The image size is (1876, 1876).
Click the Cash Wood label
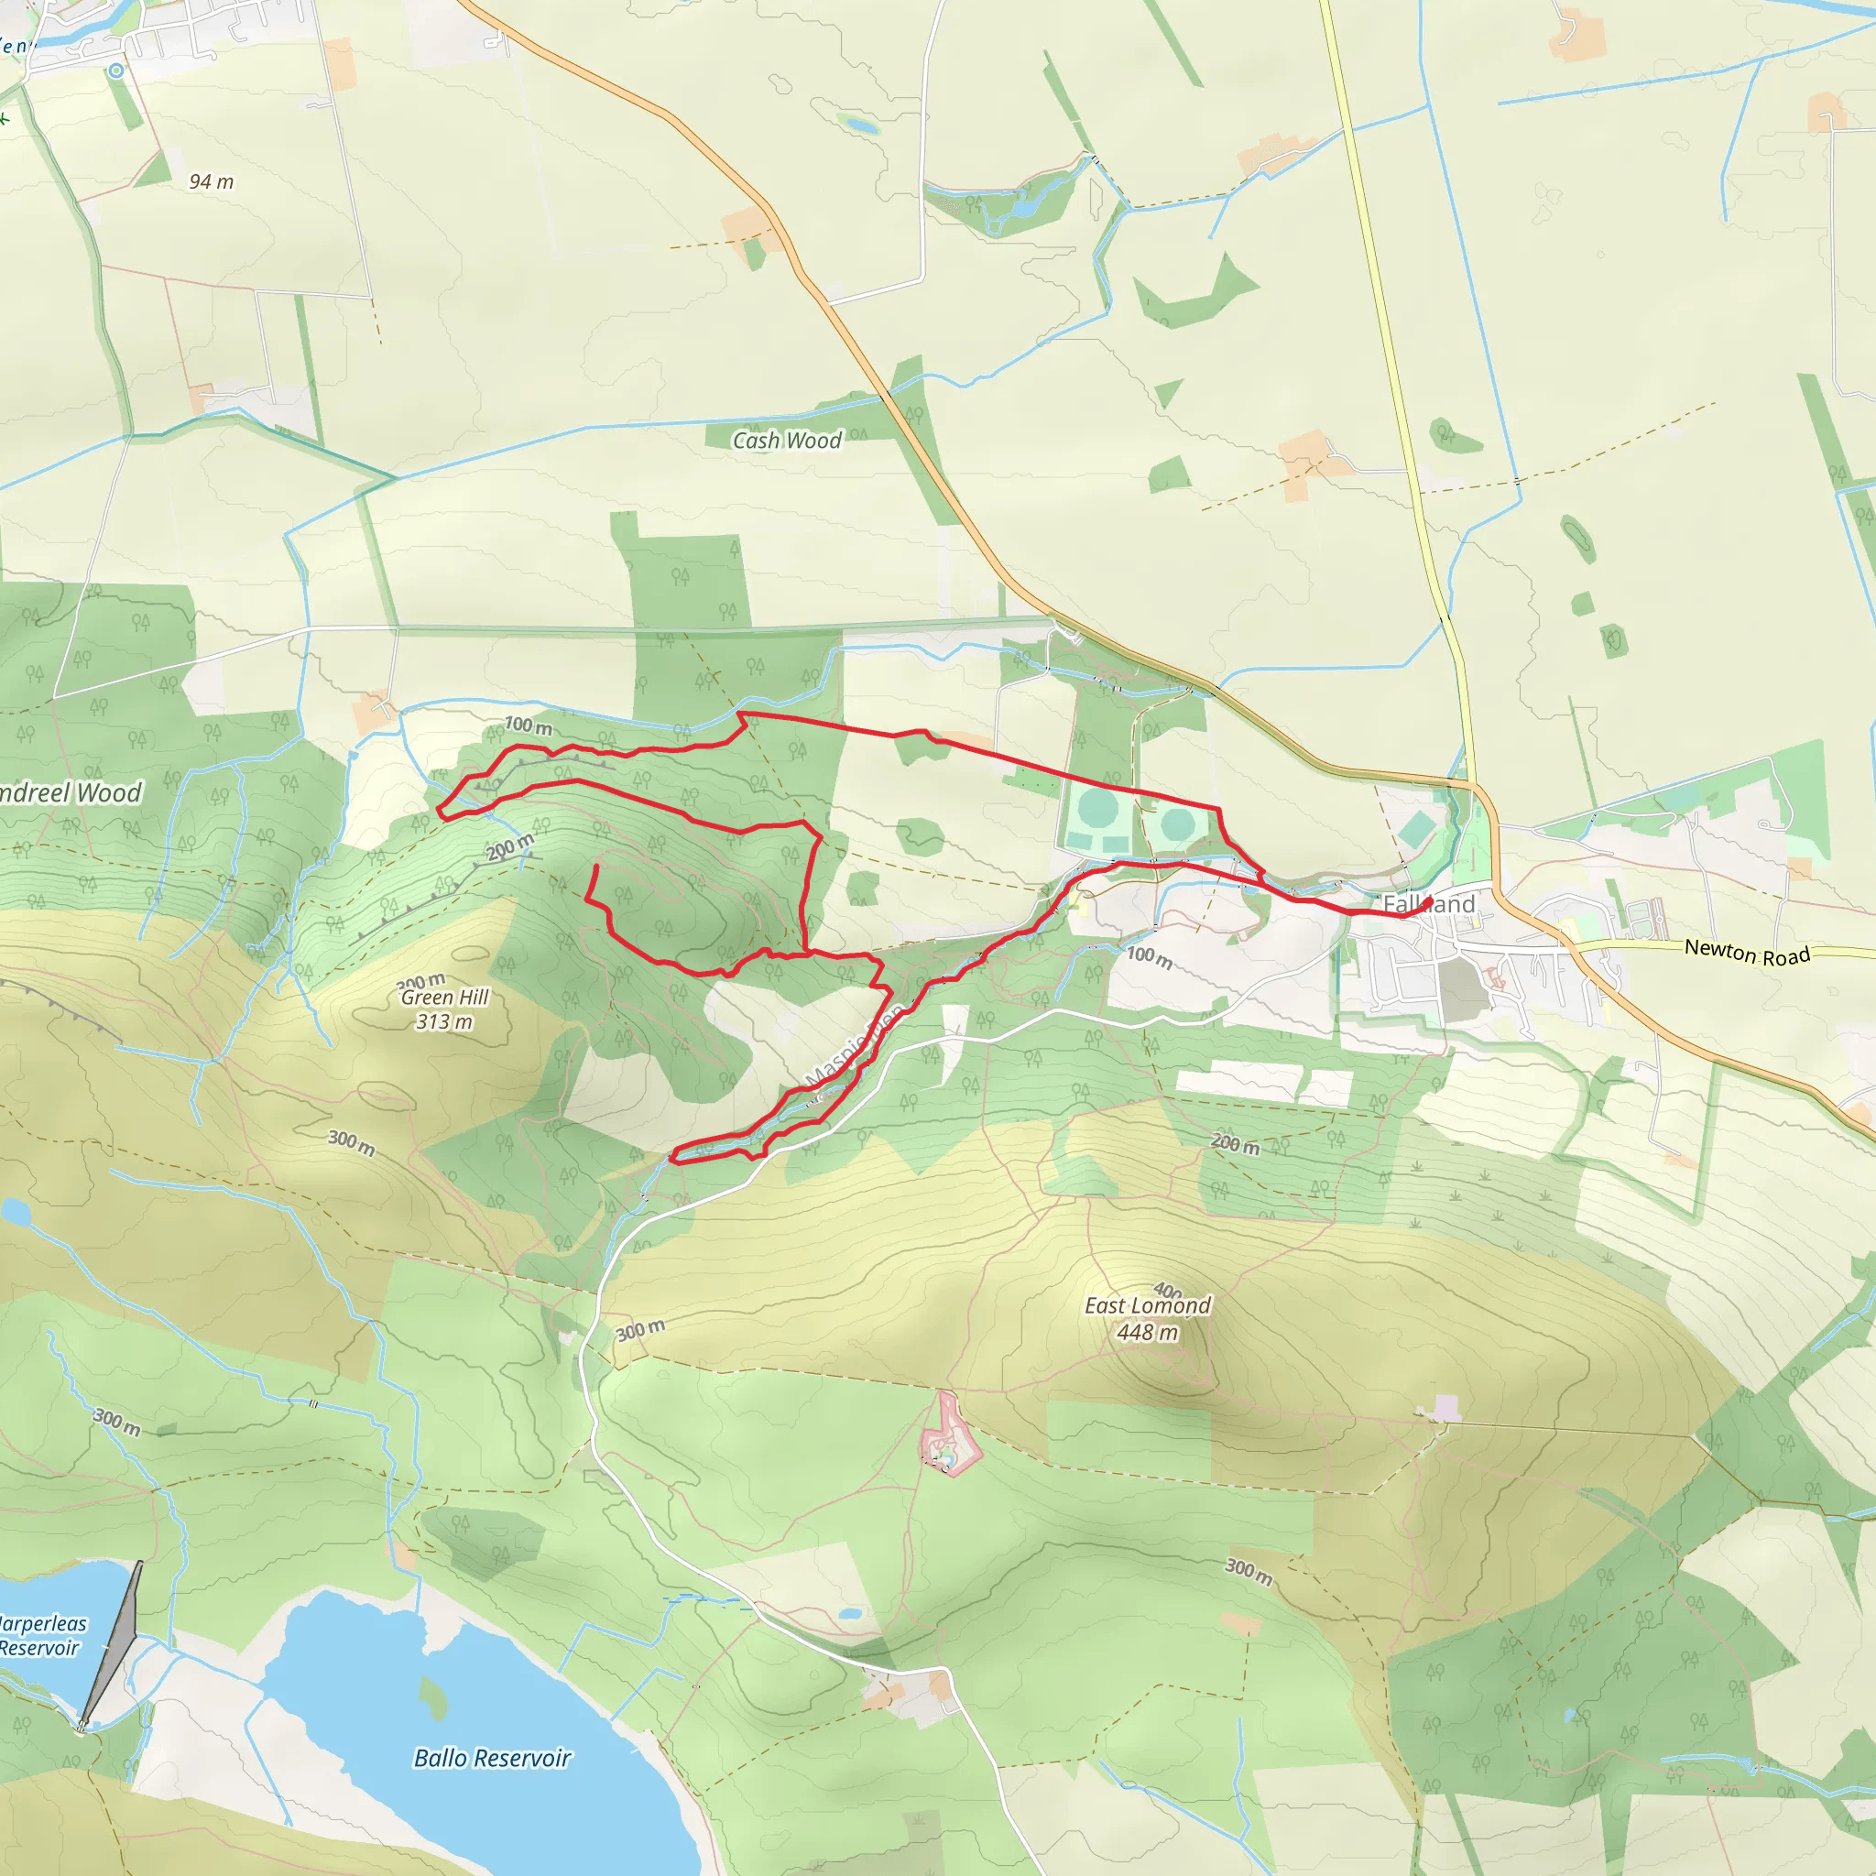(787, 441)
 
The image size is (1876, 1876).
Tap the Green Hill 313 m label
(444, 1009)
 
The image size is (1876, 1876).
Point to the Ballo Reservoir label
(492, 1759)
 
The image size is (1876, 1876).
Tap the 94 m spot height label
(211, 181)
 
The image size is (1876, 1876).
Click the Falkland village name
(1428, 904)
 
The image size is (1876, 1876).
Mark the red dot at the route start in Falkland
(1427, 902)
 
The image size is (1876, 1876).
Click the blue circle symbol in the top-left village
(116, 70)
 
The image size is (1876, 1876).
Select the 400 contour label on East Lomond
(1168, 1291)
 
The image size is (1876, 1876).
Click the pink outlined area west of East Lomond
(948, 1436)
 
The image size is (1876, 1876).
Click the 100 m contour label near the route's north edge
(528, 725)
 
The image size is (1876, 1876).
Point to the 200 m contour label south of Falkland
(1235, 1145)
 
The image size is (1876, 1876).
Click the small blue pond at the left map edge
(14, 1211)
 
